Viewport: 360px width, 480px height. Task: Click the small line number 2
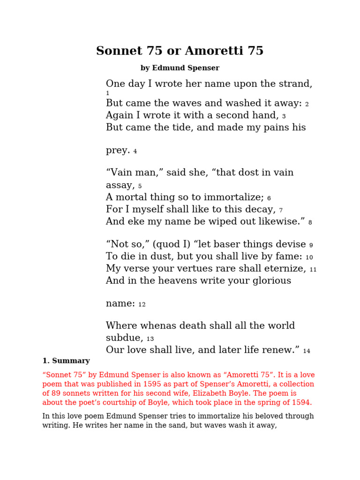pos(307,105)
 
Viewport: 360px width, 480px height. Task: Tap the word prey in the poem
pos(117,151)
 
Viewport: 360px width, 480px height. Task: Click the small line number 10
pos(309,257)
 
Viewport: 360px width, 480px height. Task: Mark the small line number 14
pos(307,351)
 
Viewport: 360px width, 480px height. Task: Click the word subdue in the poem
pos(123,338)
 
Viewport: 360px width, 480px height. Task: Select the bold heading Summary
pos(71,361)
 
